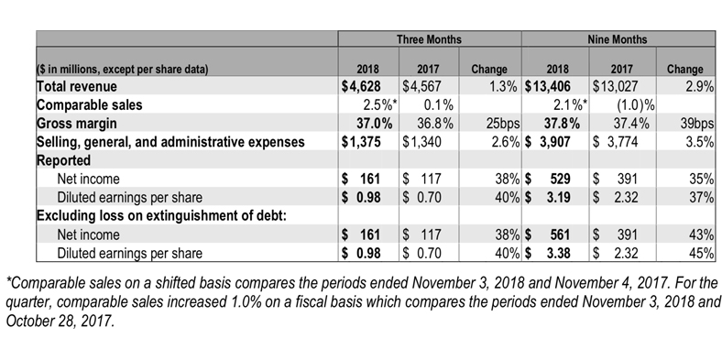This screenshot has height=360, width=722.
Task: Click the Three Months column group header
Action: click(429, 39)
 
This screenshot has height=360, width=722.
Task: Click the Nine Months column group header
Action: click(617, 39)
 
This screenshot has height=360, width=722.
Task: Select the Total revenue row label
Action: click(77, 86)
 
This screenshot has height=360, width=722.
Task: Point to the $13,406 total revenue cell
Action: click(548, 86)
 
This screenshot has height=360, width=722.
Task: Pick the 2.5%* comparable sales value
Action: click(380, 105)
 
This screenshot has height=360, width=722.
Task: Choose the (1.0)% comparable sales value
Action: click(636, 105)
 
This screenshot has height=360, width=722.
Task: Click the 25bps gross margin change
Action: click(503, 124)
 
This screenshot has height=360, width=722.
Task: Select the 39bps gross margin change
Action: click(696, 124)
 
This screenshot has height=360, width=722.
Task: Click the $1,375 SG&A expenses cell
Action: click(361, 142)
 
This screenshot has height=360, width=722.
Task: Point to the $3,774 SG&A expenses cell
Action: click(615, 142)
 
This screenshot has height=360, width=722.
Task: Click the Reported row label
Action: click(63, 160)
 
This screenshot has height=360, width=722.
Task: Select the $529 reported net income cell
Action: click(548, 179)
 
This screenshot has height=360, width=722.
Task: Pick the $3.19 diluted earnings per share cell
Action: click(548, 198)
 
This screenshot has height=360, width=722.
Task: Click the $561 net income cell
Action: click(548, 235)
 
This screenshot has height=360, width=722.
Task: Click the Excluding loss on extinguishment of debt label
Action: click(161, 216)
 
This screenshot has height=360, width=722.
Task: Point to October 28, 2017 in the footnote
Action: click(60, 321)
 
